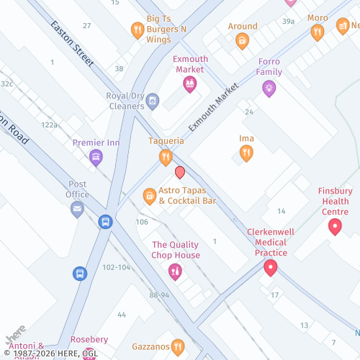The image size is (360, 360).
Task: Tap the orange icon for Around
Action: pos(243,41)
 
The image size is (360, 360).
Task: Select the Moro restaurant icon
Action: pos(318,32)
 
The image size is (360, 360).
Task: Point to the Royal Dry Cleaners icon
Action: pos(153,102)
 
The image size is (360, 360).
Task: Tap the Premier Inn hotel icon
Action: pos(96,158)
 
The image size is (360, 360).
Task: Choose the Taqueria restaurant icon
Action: pos(166,156)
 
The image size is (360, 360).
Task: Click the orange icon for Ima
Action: pos(246,153)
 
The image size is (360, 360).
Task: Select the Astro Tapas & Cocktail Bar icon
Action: pos(150,195)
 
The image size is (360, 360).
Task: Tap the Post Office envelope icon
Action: pos(77,210)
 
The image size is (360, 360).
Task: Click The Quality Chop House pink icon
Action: pos(174,271)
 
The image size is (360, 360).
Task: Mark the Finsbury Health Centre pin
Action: pos(335,227)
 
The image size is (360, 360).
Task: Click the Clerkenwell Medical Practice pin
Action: pos(271,268)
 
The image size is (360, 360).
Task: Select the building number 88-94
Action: pos(159,295)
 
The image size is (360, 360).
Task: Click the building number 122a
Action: pos(49,125)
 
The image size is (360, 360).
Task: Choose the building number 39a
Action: pos(289,22)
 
